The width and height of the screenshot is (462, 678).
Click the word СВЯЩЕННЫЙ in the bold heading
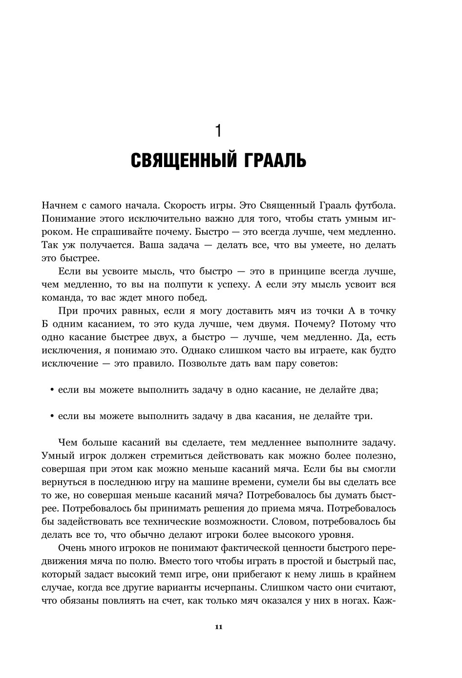tap(183, 160)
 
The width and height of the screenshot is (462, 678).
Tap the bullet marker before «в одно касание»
tap(52, 390)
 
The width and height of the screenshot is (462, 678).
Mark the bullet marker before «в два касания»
tap(52, 417)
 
